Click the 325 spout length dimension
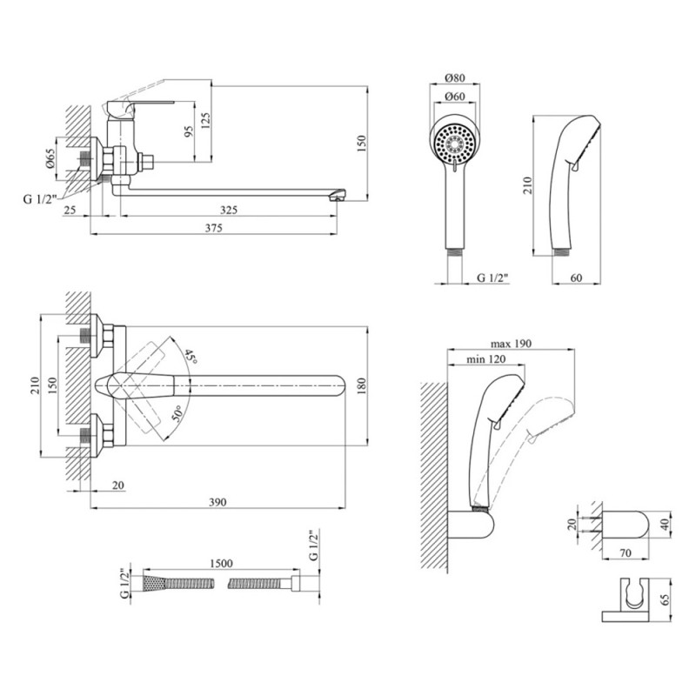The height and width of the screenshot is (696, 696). [x=229, y=210]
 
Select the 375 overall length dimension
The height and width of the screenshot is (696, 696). [x=214, y=228]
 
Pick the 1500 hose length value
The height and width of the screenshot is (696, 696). [x=220, y=564]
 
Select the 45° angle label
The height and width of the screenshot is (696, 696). [x=191, y=355]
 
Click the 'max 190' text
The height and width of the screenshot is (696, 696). [x=510, y=344]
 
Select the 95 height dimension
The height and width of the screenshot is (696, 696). [x=188, y=133]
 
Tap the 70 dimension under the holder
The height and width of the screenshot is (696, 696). [x=625, y=551]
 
